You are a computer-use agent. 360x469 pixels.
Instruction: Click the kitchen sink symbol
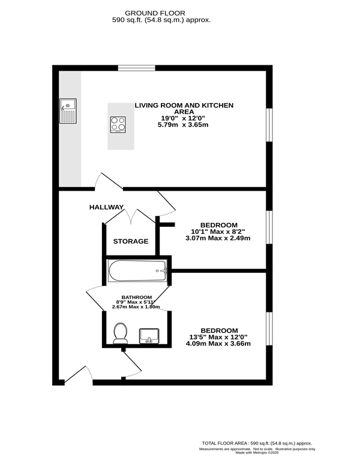(68, 111)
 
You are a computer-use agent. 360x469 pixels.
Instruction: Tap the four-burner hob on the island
(118, 125)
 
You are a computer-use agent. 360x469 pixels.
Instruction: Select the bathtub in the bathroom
(137, 270)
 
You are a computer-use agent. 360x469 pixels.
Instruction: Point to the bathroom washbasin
(149, 336)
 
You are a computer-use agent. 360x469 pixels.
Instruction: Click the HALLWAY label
(107, 207)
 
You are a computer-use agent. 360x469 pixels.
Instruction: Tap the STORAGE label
(131, 241)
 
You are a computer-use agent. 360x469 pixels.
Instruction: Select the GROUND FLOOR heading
(155, 13)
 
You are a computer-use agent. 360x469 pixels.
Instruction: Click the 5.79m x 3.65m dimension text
(183, 125)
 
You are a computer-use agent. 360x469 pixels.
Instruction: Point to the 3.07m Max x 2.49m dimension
(218, 238)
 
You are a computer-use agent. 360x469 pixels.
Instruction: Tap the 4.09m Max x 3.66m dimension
(218, 344)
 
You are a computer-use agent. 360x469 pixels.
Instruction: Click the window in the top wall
(137, 68)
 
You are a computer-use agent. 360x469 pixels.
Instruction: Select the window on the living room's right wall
(269, 125)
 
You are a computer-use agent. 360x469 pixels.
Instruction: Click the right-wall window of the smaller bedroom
(269, 228)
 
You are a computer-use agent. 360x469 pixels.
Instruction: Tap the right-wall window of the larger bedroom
(269, 329)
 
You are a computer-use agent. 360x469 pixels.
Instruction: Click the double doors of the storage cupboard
(130, 217)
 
